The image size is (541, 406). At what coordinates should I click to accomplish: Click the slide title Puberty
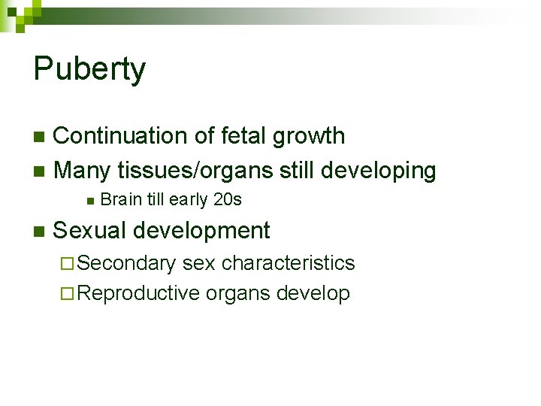(89, 70)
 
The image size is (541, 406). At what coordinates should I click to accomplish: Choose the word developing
(379, 171)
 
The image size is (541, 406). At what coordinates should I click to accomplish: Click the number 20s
(227, 200)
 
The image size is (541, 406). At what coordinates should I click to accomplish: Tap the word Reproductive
(138, 293)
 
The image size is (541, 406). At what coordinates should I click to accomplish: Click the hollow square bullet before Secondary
(68, 264)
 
